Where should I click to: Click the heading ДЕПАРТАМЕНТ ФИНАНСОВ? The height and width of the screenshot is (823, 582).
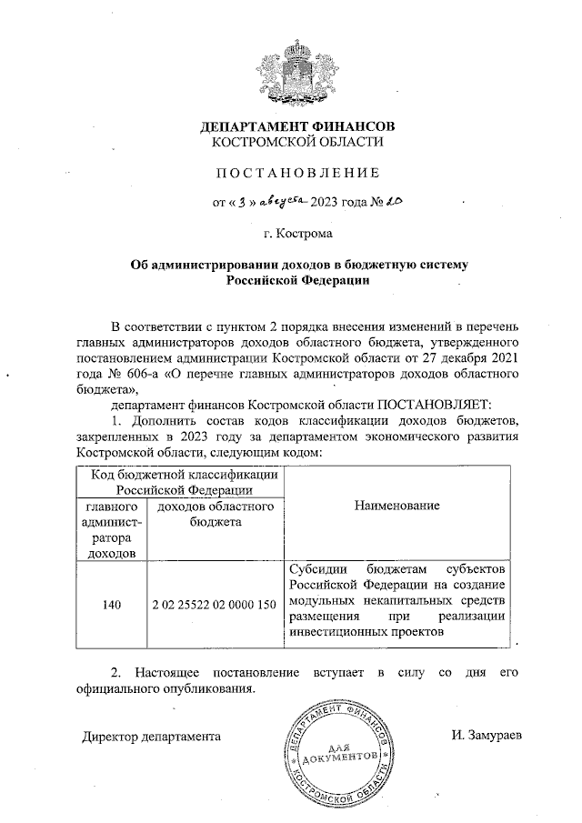tap(297, 125)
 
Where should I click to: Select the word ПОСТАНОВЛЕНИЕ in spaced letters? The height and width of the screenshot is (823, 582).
tap(297, 172)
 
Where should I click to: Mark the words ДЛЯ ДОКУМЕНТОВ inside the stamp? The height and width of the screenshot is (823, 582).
tap(339, 751)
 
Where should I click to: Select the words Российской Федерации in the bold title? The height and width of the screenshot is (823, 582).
tap(297, 282)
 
